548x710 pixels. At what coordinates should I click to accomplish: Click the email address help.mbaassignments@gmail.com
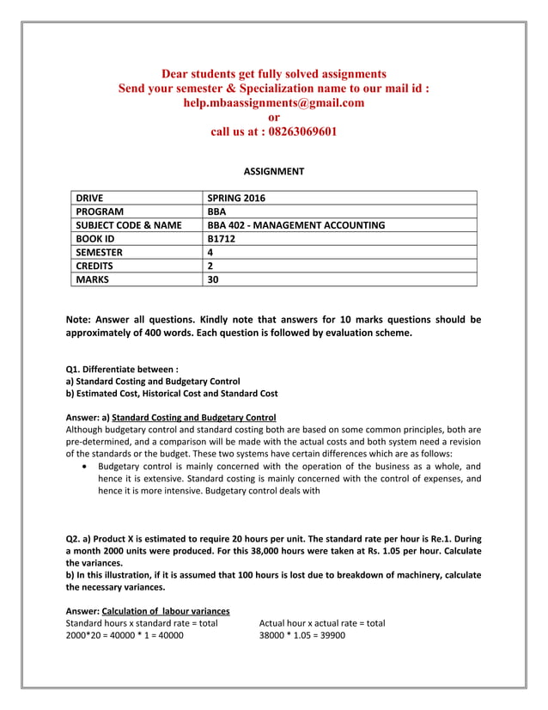(273, 102)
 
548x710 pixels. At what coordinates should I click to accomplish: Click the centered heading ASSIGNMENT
(273, 171)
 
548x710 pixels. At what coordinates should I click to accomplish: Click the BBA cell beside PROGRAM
(216, 211)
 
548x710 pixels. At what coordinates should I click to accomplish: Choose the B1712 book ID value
(222, 238)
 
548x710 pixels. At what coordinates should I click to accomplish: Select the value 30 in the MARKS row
(214, 278)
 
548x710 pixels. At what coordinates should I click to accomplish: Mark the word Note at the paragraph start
(79, 320)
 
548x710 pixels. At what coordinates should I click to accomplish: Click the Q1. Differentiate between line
(116, 368)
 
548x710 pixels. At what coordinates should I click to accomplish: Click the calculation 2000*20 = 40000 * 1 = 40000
(125, 635)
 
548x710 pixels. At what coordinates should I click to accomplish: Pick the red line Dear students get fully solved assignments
(273, 74)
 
